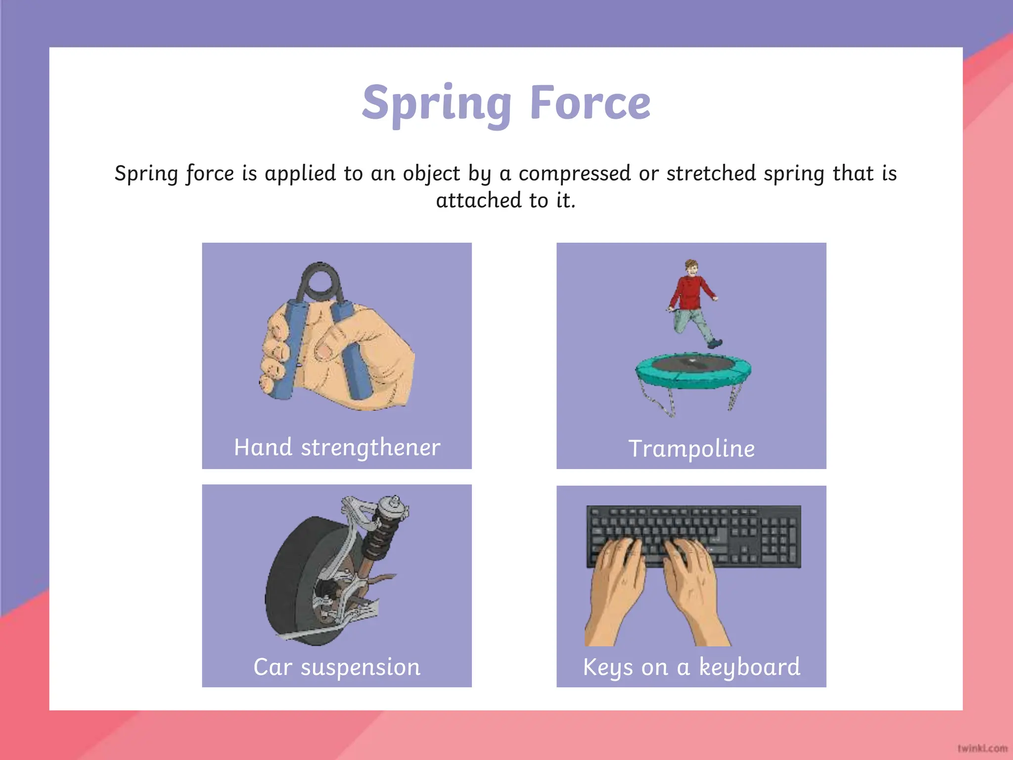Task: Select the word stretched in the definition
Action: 711,173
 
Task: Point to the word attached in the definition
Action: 478,200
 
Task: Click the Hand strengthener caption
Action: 337,447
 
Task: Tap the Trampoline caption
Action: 691,448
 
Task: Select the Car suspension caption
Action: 337,666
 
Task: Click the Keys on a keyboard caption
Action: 691,666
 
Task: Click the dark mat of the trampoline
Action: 693,365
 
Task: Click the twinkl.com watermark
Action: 982,748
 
